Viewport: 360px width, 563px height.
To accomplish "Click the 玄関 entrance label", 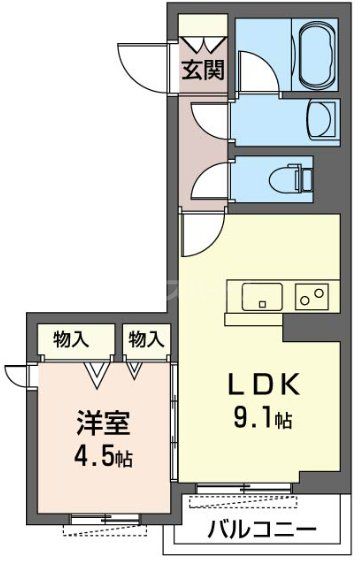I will [x=203, y=71].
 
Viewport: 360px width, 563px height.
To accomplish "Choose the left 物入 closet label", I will [x=70, y=338].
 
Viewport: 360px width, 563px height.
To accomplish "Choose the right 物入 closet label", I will [x=146, y=338].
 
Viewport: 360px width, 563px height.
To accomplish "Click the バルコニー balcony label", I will [x=262, y=530].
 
